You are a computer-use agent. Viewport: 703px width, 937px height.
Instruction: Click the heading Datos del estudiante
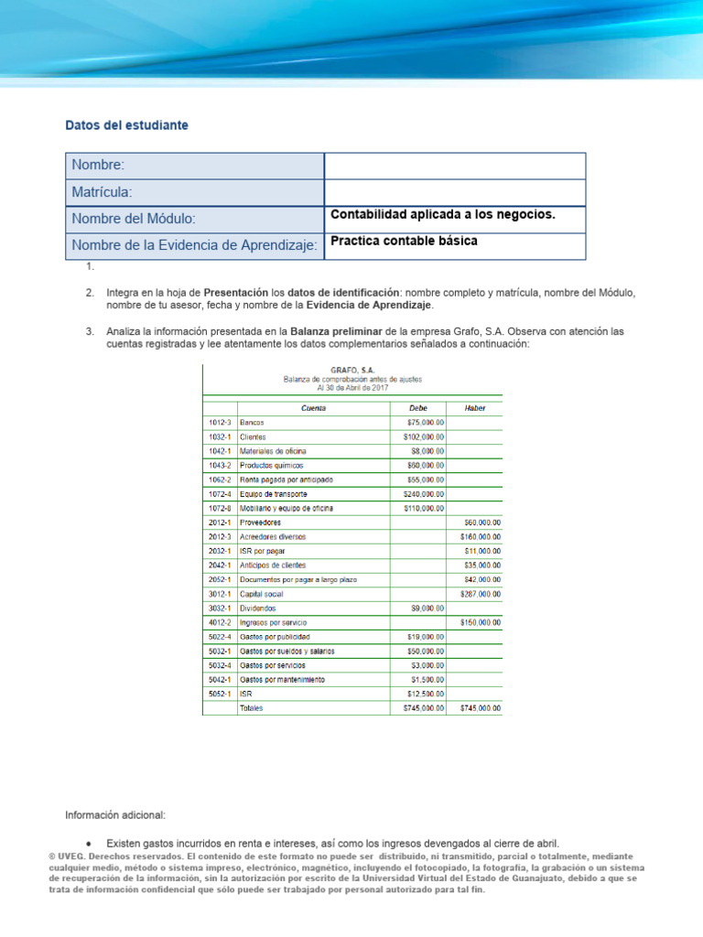click(x=127, y=125)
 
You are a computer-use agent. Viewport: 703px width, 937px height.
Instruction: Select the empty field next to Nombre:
click(x=454, y=166)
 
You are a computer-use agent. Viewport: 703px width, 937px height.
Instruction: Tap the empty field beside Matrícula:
click(x=454, y=192)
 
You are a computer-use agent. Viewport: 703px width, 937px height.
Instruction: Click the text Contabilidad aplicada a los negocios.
click(x=442, y=215)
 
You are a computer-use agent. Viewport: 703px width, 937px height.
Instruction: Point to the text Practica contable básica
click(x=403, y=242)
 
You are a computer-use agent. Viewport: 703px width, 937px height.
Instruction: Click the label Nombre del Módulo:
click(x=134, y=220)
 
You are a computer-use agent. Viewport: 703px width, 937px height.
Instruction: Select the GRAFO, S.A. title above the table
click(x=352, y=370)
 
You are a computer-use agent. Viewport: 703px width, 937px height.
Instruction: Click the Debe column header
click(x=417, y=408)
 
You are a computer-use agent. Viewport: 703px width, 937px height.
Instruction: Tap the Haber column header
click(x=475, y=408)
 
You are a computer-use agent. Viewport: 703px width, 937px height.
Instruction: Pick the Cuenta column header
click(x=313, y=408)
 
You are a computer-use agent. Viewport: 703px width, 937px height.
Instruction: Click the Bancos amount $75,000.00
click(x=424, y=423)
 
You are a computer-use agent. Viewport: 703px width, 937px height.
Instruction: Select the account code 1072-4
click(x=219, y=494)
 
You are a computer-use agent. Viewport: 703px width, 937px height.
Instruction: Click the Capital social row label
click(x=261, y=594)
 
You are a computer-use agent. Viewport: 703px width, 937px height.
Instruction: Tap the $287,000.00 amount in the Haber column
click(x=480, y=594)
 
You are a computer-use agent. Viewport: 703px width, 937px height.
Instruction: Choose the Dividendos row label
click(x=257, y=608)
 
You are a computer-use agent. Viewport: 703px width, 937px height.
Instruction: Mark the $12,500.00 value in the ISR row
click(x=424, y=694)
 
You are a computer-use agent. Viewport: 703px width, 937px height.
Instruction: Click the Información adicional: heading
click(x=115, y=814)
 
